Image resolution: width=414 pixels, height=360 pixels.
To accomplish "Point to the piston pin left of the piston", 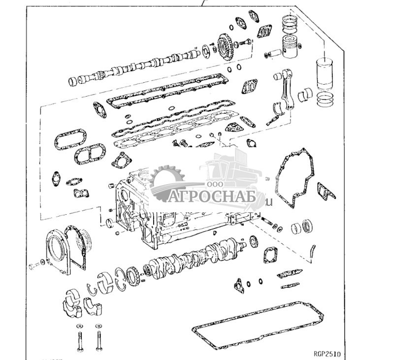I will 275,53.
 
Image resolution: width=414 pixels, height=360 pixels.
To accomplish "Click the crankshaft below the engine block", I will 197,256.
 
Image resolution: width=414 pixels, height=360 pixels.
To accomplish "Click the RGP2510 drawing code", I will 326,354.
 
